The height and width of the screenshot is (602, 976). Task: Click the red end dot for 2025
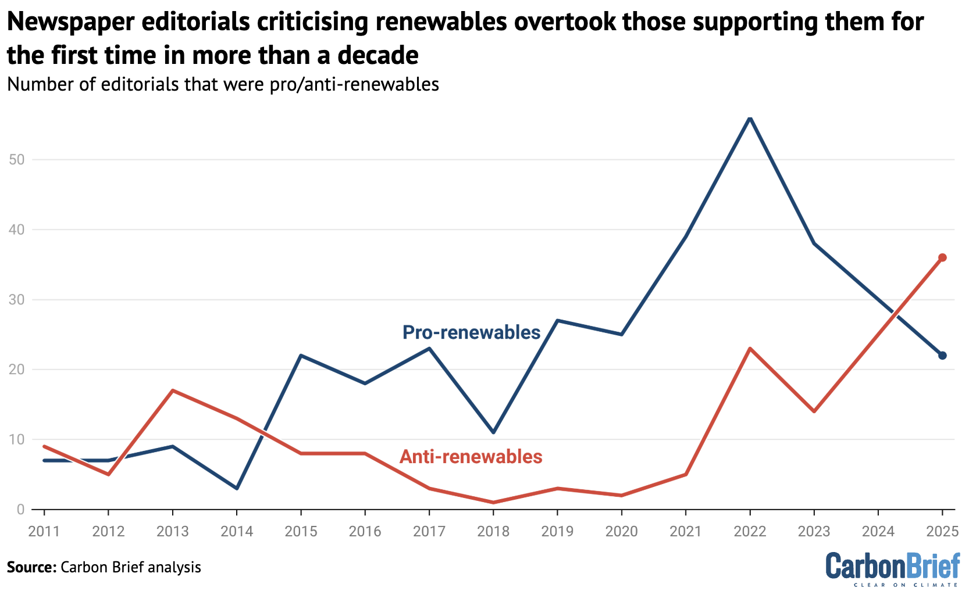point(942,257)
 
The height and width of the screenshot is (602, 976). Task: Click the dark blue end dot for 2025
point(942,356)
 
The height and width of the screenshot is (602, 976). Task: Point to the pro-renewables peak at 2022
point(750,118)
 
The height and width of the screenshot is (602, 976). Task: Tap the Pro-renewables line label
point(471,332)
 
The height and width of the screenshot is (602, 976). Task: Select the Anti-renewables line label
point(471,457)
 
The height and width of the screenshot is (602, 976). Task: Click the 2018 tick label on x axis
point(493,531)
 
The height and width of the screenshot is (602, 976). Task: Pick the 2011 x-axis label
point(44,531)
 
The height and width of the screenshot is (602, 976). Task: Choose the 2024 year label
point(878,531)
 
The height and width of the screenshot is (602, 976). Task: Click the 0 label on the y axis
point(21,510)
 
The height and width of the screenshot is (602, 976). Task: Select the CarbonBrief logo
point(893,569)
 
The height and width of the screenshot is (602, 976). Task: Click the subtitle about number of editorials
point(223,85)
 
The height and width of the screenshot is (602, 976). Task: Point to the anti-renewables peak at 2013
point(173,390)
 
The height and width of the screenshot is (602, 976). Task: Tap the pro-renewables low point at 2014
point(237,488)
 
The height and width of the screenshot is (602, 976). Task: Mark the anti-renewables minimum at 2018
point(493,502)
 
